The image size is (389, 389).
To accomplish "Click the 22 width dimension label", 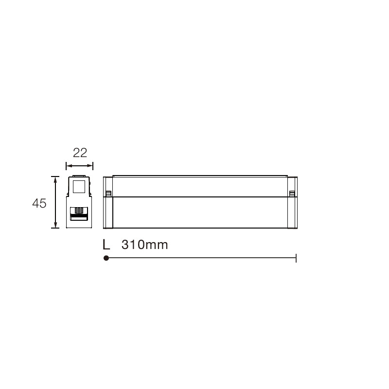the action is pyautogui.click(x=80, y=153).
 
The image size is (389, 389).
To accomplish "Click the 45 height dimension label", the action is pyautogui.click(x=39, y=203).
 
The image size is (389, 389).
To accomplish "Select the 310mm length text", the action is pyautogui.click(x=144, y=245).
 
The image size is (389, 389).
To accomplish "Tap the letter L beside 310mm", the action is pyautogui.click(x=106, y=245).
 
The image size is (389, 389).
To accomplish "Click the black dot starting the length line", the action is pyautogui.click(x=106, y=258).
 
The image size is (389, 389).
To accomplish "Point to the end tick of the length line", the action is pyautogui.click(x=296, y=258).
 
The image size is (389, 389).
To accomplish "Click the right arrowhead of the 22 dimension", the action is pyautogui.click(x=89, y=166).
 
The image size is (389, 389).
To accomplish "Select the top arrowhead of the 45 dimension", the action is pyautogui.click(x=55, y=179).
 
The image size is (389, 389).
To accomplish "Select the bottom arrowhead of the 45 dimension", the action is pyautogui.click(x=55, y=225).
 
